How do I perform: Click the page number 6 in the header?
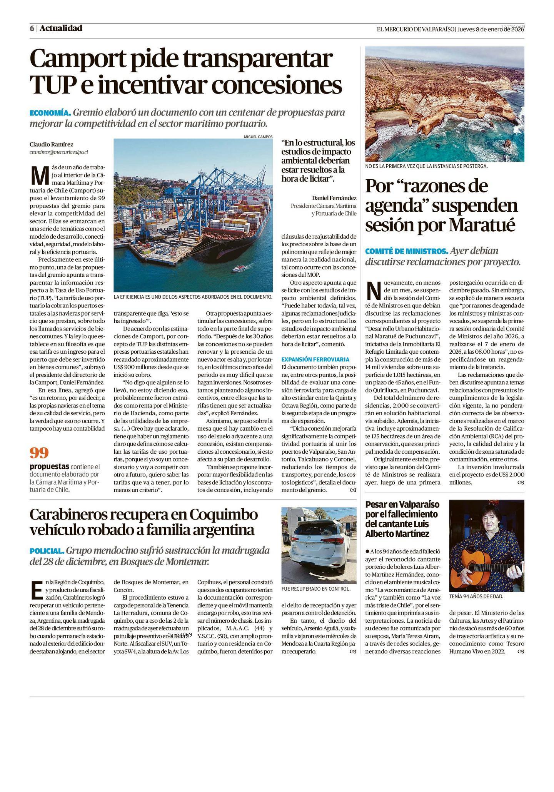[x=32, y=28]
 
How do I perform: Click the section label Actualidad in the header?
[x=61, y=28]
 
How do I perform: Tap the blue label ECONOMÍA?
[x=50, y=113]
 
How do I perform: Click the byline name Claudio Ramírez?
[x=51, y=144]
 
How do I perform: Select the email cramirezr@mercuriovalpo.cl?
[x=58, y=152]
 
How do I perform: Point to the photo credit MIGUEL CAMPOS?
[x=258, y=137]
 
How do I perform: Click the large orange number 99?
[x=39, y=453]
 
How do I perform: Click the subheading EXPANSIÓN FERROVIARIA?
[x=315, y=359]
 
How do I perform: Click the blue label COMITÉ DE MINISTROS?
[x=406, y=251]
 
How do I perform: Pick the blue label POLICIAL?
[x=47, y=551]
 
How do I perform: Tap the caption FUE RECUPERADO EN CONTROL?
[x=316, y=589]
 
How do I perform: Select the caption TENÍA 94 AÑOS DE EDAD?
[x=476, y=597]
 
